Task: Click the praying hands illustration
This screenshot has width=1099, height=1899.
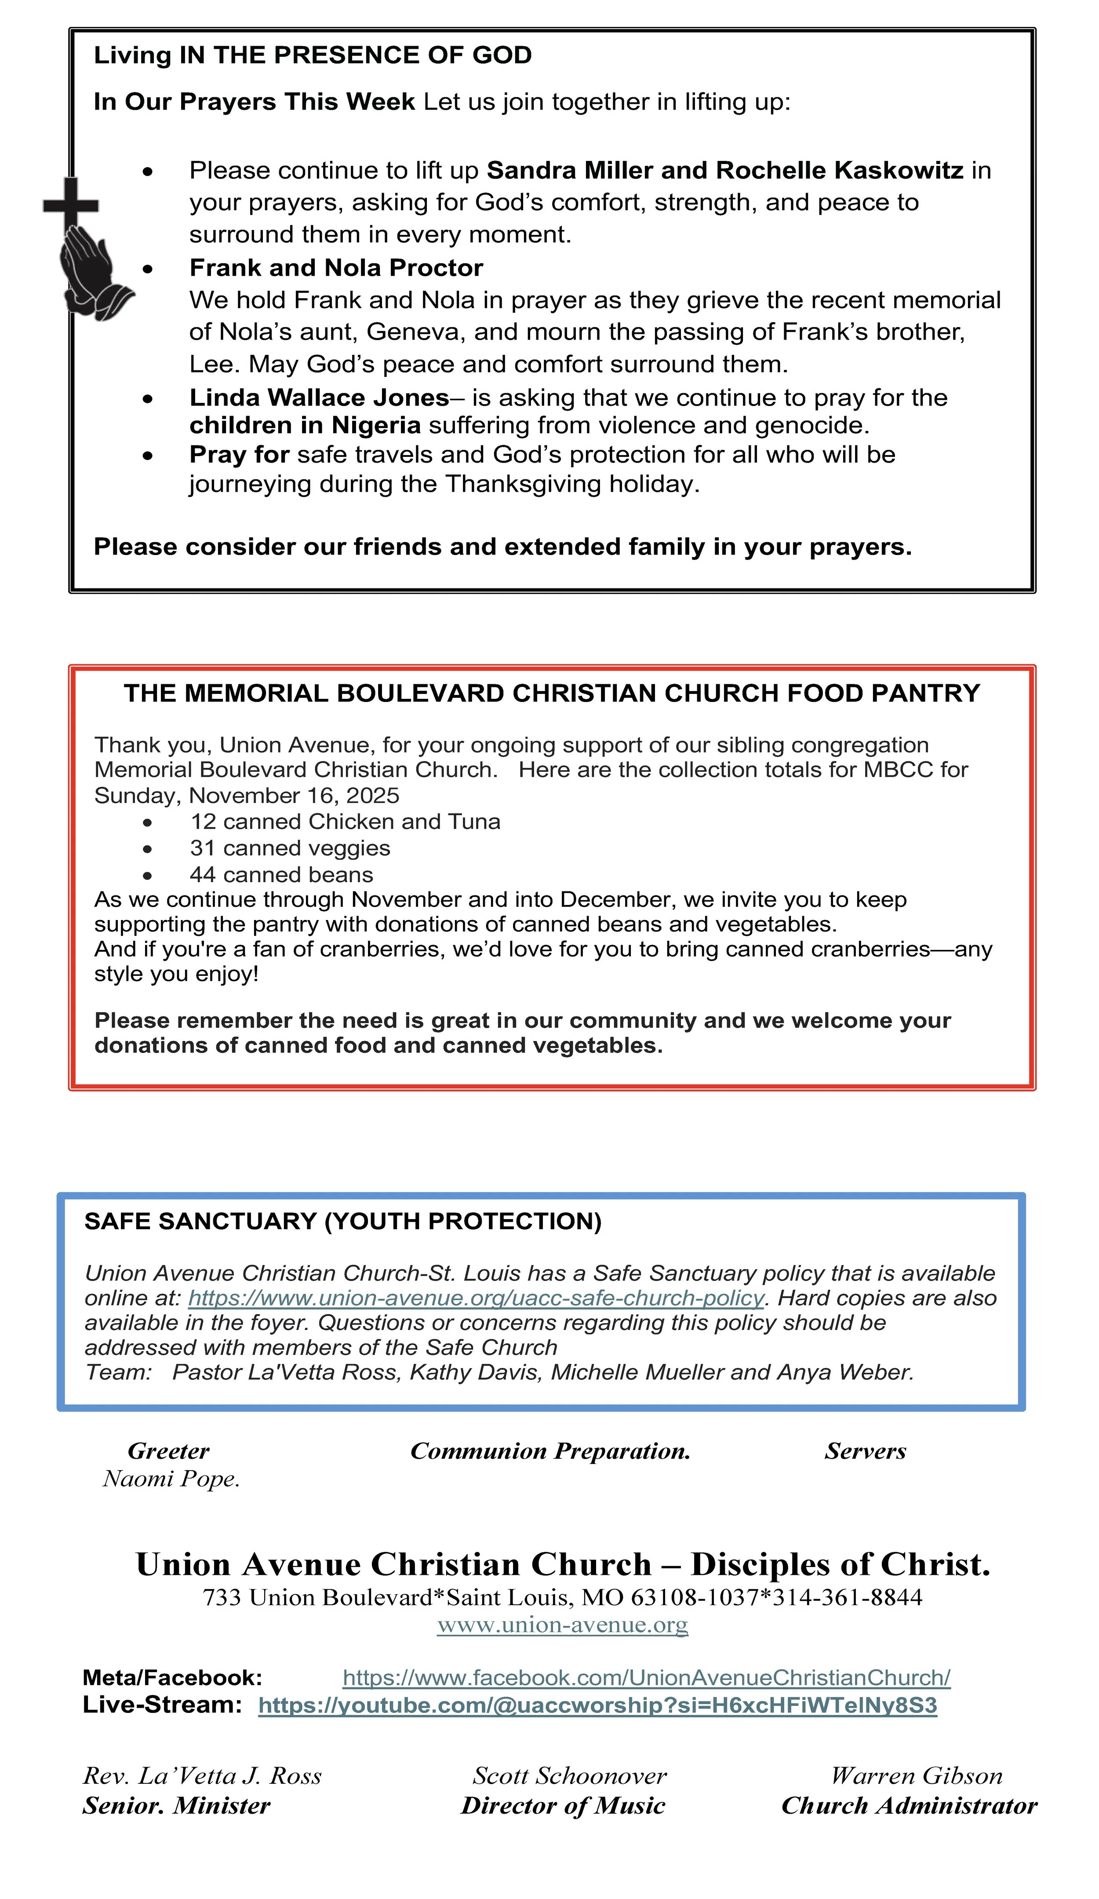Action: click(92, 271)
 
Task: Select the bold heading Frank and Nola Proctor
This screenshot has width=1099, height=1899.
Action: click(336, 267)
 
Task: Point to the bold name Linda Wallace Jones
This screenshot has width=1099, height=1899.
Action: click(319, 397)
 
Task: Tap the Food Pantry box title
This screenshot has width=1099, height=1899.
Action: click(551, 693)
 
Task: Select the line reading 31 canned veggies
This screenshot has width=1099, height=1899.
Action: click(290, 848)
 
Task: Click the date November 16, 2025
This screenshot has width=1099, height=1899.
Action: click(294, 796)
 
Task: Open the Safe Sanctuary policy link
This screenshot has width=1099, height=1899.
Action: click(476, 1298)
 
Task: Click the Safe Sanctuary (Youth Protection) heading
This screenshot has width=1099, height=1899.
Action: click(343, 1221)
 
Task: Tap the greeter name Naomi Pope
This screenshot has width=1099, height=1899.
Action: click(171, 1479)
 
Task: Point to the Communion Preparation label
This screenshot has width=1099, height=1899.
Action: click(550, 1450)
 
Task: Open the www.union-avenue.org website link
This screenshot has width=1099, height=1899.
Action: click(563, 1625)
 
